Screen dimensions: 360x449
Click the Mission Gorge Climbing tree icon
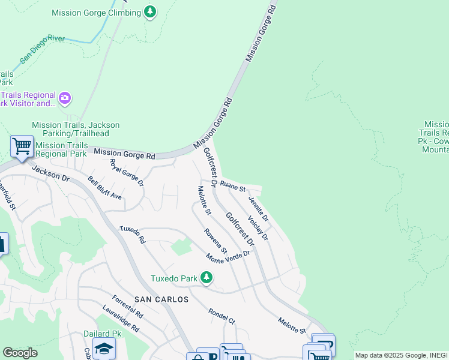[150, 12]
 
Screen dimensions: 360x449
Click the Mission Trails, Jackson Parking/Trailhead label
[76, 129]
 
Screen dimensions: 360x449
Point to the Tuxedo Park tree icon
[206, 277]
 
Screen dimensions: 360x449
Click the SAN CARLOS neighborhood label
[161, 299]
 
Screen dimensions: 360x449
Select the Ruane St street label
[233, 186]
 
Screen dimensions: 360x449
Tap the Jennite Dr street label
[258, 212]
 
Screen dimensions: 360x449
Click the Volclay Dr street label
[258, 229]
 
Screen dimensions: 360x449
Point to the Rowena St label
[215, 241]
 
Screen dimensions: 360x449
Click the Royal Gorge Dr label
[127, 172]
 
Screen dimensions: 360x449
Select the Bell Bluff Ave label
[104, 188]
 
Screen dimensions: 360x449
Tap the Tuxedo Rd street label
[132, 235]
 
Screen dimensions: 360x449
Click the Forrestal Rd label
[127, 306]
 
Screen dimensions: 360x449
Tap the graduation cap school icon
[104, 348]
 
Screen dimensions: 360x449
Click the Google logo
[20, 353]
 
